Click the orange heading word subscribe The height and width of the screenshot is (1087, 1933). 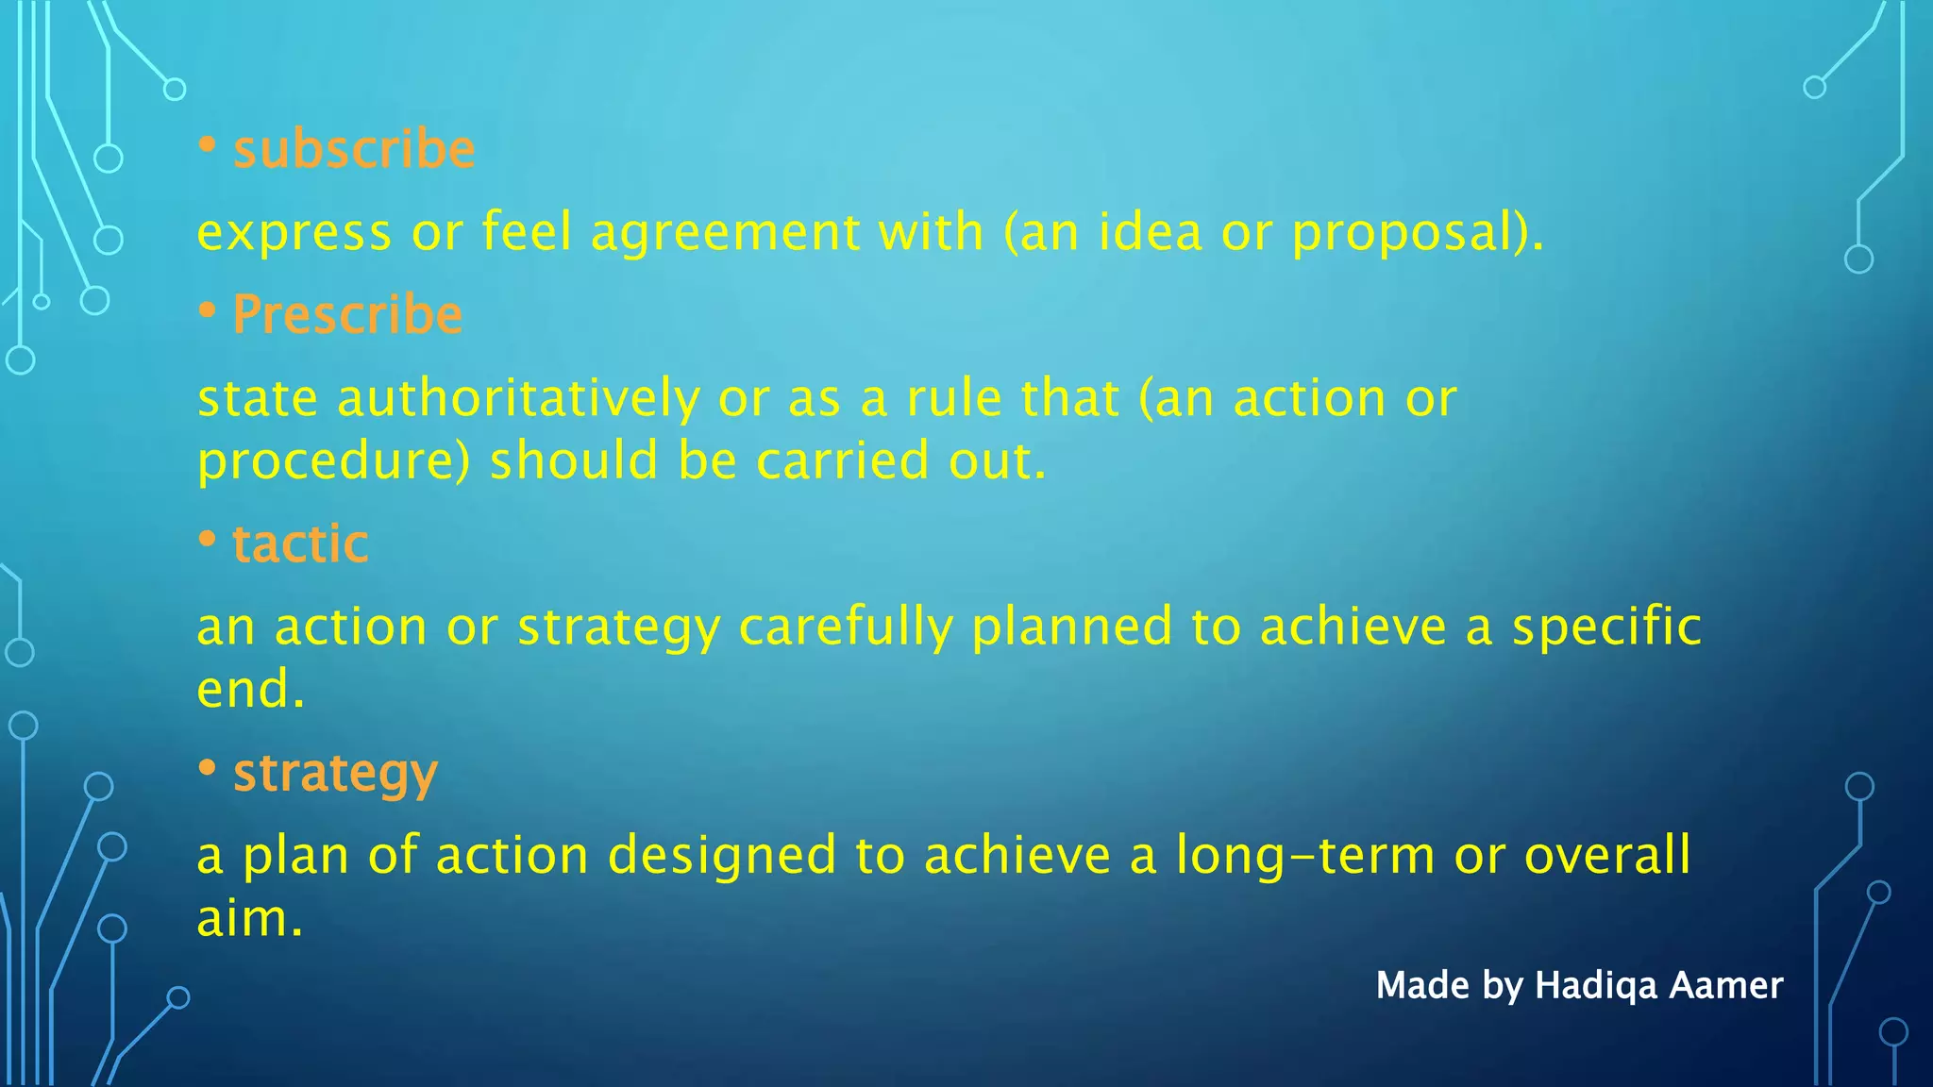pos(354,150)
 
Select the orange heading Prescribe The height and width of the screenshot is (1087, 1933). pos(347,314)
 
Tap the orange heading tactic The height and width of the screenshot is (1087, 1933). pos(300,543)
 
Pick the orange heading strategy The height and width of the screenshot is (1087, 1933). pos(335,774)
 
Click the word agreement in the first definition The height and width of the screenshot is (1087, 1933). pos(725,232)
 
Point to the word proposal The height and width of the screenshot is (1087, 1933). pos(1406,232)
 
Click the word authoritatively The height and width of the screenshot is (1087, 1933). pos(518,398)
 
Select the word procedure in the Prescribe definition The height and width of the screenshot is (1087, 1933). pos(330,462)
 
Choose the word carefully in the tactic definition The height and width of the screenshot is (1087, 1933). pos(845,627)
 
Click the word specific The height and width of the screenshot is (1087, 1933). pos(1606,627)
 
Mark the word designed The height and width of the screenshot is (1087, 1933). pos(722,856)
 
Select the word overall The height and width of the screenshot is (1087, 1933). pos(1606,856)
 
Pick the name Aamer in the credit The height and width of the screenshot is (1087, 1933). pos(1726,986)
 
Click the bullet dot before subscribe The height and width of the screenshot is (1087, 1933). pos(208,146)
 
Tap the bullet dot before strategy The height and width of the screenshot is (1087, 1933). pos(208,769)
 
